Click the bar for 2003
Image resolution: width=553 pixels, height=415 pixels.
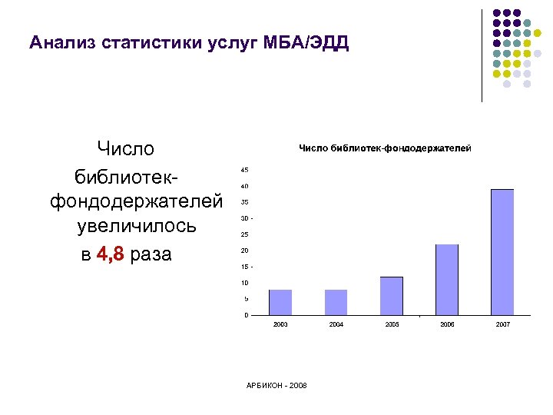(x=280, y=302)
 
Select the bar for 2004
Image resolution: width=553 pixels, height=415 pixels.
(x=336, y=302)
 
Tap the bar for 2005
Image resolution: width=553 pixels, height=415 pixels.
(x=392, y=296)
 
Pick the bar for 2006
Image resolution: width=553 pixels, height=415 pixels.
(x=447, y=280)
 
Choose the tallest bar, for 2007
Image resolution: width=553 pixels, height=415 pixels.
(x=502, y=252)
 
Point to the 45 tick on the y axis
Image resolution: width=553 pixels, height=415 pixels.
(x=244, y=170)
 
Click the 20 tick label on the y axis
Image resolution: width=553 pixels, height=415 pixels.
(x=244, y=251)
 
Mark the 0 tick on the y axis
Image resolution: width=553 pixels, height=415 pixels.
(x=246, y=315)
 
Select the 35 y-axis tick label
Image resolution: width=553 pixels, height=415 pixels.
(x=244, y=202)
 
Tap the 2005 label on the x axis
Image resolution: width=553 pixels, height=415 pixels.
(x=392, y=326)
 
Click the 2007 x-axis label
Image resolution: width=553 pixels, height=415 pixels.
(x=502, y=326)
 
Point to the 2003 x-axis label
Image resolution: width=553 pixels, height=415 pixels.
(x=280, y=326)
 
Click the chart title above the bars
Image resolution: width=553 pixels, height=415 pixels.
(x=384, y=148)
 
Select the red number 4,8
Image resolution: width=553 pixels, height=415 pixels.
(x=111, y=254)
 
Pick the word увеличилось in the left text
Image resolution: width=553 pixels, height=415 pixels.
(x=137, y=227)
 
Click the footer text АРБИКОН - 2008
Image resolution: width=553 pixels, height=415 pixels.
(x=277, y=385)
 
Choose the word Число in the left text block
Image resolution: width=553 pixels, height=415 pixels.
(x=125, y=148)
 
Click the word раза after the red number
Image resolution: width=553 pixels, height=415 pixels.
(x=151, y=254)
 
